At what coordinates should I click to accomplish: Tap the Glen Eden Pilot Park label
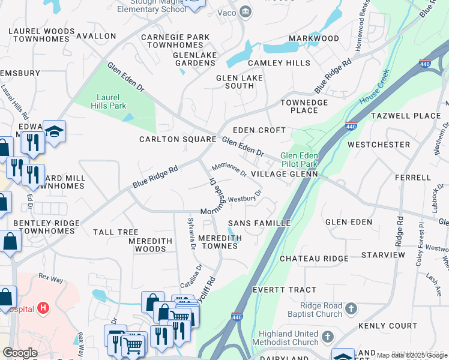pyautogui.click(x=299, y=160)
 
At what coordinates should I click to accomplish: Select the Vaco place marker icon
pyautogui.click(x=245, y=12)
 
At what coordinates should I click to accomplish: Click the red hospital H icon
pyautogui.click(x=43, y=308)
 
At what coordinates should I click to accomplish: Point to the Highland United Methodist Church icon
pyautogui.click(x=328, y=337)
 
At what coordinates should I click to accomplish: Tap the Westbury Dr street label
pyautogui.click(x=245, y=196)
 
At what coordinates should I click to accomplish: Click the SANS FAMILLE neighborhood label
pyautogui.click(x=259, y=223)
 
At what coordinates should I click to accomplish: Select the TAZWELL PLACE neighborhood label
pyautogui.click(x=406, y=116)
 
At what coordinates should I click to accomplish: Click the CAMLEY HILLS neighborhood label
pyautogui.click(x=279, y=63)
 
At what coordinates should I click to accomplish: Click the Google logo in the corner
pyautogui.click(x=20, y=353)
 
